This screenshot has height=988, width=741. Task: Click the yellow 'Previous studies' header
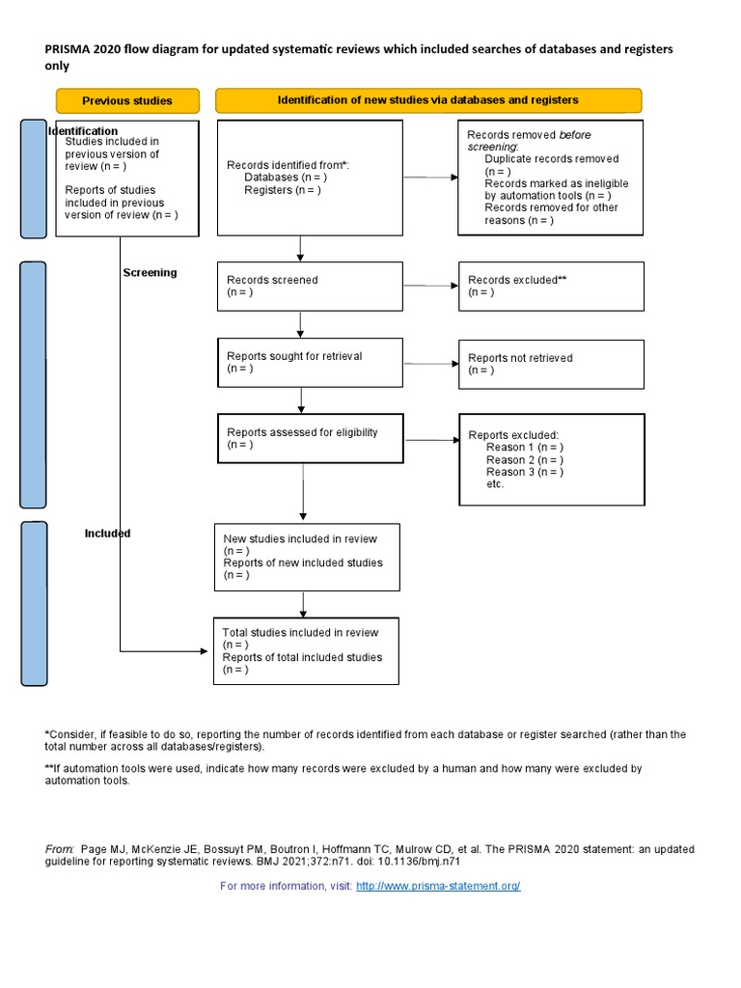click(127, 100)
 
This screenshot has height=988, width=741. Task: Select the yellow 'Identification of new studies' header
click(427, 100)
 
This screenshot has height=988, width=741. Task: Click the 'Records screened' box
click(309, 286)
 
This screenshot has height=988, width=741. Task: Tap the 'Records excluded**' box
click(550, 286)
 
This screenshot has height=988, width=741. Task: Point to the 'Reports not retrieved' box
click(550, 364)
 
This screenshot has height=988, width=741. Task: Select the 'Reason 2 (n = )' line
click(525, 460)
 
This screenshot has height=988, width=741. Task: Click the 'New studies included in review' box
click(306, 557)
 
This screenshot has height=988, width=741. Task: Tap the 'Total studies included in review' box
click(306, 650)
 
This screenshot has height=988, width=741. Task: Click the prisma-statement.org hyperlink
click(438, 886)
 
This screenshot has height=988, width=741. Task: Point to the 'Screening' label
click(150, 273)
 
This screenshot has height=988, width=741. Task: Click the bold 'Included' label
click(107, 534)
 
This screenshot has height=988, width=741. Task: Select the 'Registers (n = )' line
click(283, 190)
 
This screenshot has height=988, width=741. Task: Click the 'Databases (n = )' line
click(285, 178)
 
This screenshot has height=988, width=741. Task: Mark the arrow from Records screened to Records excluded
click(430, 286)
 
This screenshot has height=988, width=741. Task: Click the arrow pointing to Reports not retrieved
click(430, 364)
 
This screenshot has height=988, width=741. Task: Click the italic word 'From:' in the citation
click(60, 848)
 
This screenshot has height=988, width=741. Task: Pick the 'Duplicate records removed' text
click(551, 159)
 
